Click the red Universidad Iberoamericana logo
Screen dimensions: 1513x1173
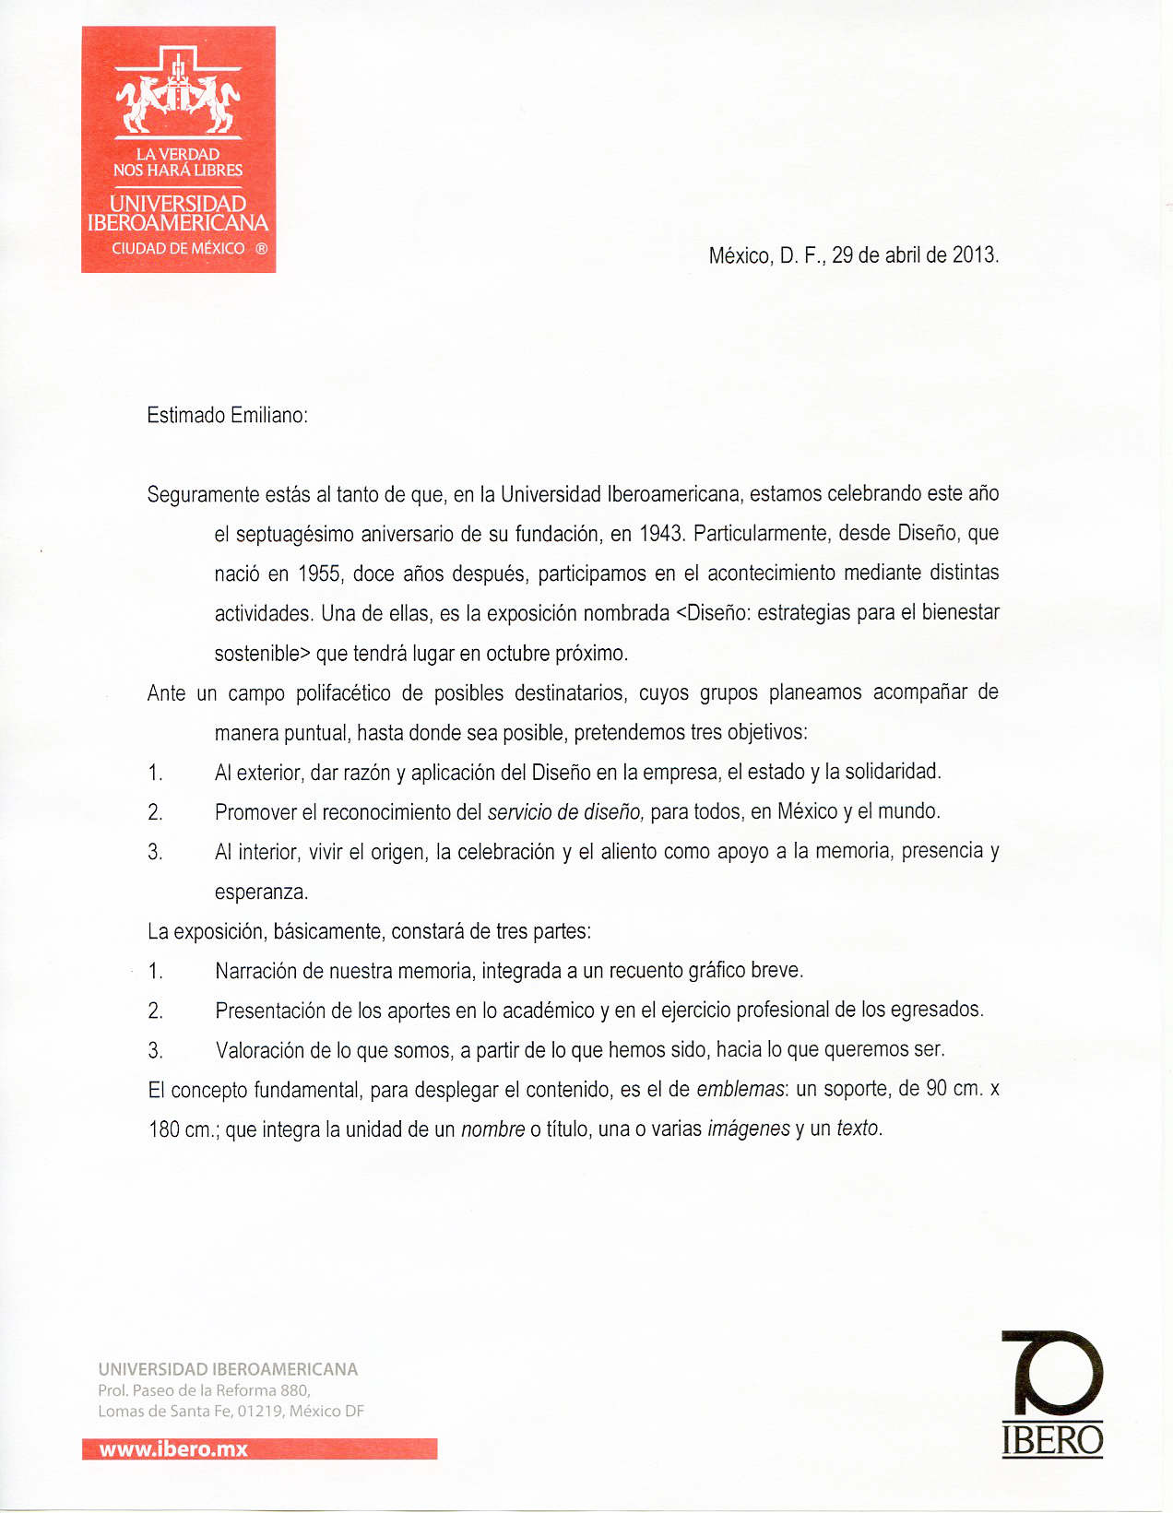(178, 149)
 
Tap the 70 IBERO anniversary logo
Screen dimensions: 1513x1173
(1052, 1393)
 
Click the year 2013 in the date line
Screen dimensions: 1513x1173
(974, 255)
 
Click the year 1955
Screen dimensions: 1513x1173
(320, 573)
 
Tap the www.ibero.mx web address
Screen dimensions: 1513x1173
(173, 1448)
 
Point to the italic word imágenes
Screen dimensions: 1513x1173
(748, 1129)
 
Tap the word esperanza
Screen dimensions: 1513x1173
(260, 892)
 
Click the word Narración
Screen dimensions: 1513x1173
(260, 971)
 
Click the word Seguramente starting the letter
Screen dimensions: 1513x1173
(203, 495)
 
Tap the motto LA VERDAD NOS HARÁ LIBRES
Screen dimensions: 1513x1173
(178, 162)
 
